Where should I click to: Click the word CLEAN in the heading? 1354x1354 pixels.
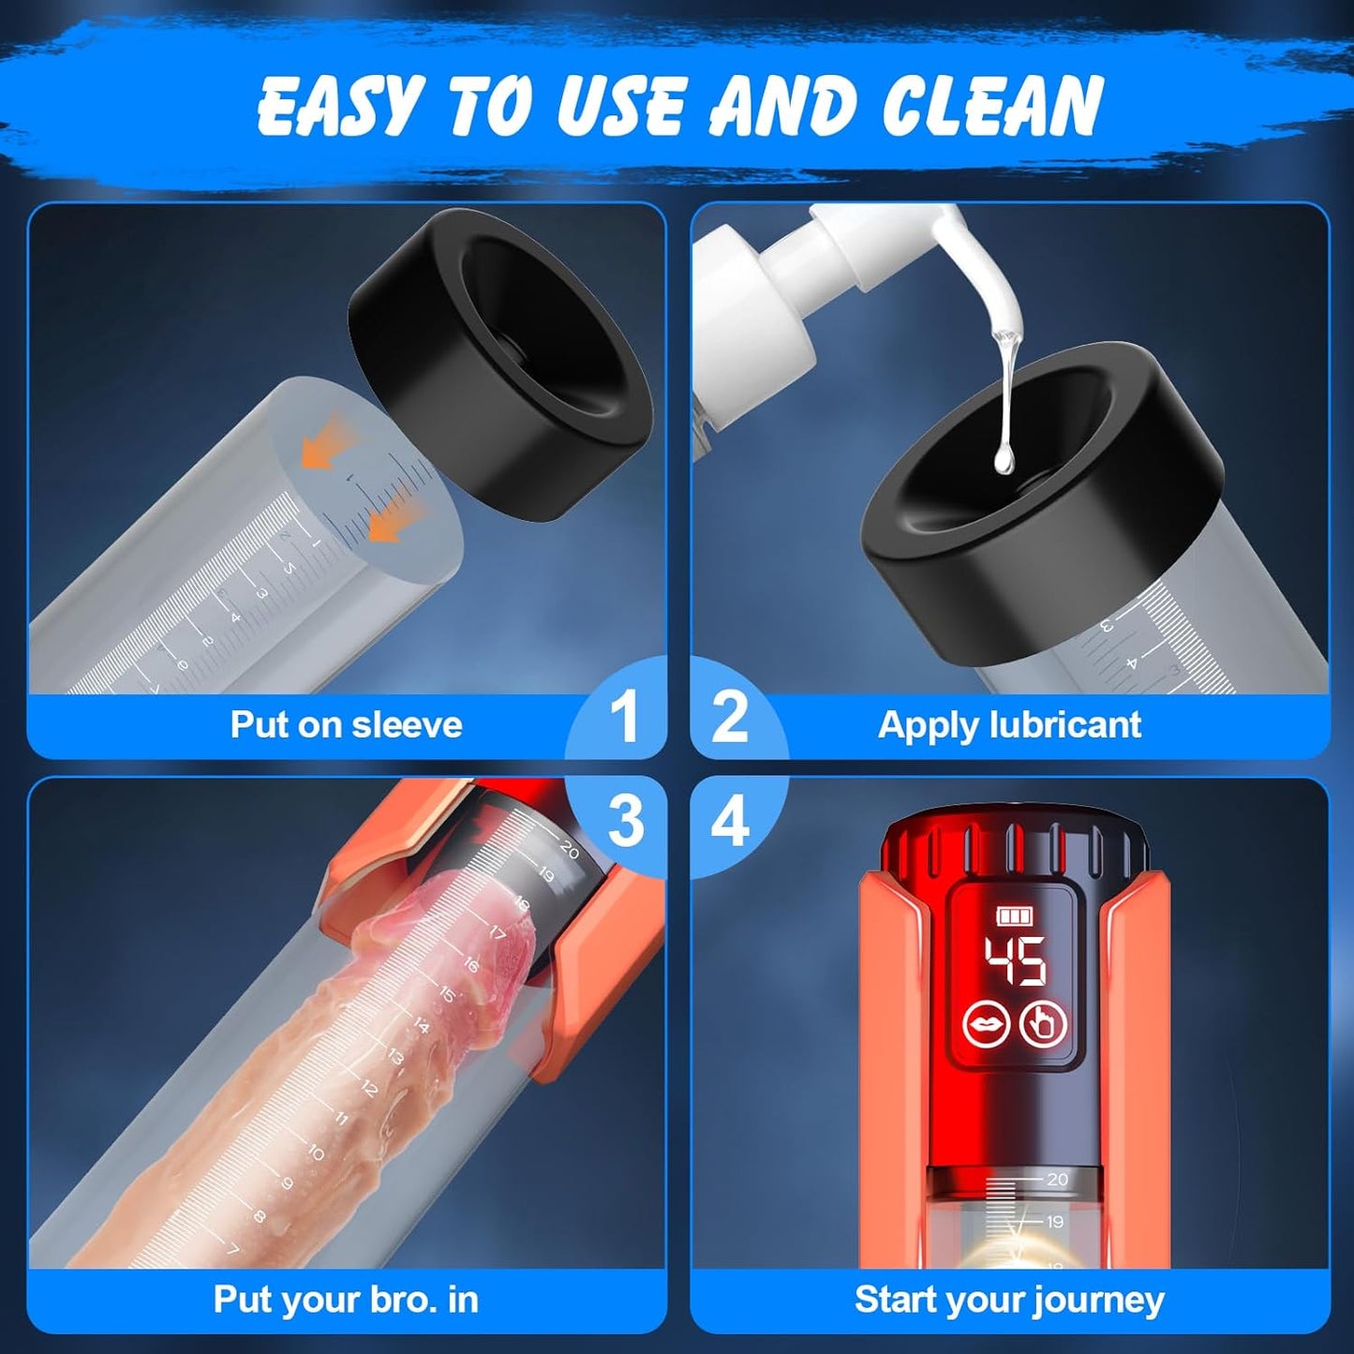[x=975, y=105]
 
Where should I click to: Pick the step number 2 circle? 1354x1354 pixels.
[x=731, y=717]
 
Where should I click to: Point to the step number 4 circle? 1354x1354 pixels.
[x=731, y=821]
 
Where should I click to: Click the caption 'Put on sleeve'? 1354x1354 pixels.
[x=347, y=724]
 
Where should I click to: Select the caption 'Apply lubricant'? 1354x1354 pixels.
[x=1010, y=725]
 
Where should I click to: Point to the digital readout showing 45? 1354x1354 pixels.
[x=1014, y=961]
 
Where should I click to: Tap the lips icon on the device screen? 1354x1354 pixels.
[x=987, y=1024]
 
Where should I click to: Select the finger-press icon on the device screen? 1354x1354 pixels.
[x=1044, y=1024]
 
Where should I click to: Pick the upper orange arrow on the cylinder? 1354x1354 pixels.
[x=324, y=441]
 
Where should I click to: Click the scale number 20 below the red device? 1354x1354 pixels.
[x=1057, y=1179]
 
